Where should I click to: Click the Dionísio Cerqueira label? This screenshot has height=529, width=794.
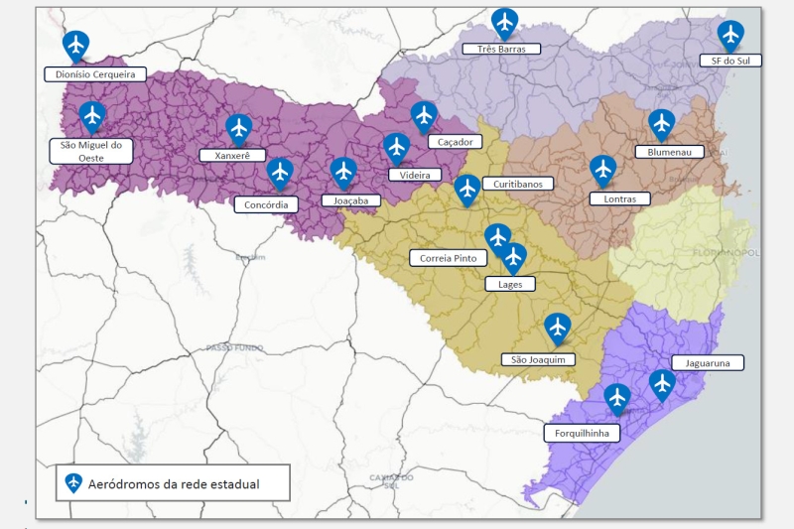(95, 74)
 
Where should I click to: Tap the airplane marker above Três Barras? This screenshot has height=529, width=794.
(505, 22)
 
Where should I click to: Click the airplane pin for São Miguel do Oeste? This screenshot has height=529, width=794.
(92, 117)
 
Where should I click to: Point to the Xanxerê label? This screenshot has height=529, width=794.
(232, 155)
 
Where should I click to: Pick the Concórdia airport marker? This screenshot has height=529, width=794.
(280, 173)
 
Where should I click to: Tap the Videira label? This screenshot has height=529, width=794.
(415, 175)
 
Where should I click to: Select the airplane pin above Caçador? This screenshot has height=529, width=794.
(424, 116)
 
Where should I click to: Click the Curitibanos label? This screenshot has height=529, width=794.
(517, 184)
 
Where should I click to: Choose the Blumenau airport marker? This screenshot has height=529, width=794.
(662, 123)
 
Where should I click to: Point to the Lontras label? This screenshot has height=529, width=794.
(619, 198)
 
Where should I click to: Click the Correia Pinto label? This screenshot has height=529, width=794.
(448, 258)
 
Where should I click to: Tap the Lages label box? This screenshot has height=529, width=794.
(509, 284)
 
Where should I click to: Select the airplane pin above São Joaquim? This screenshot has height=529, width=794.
(558, 327)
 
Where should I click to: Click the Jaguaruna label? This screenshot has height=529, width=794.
(708, 363)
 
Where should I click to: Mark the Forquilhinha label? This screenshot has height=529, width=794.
(582, 433)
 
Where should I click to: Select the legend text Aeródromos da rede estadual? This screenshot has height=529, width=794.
(174, 484)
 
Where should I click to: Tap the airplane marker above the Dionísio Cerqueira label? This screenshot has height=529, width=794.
(75, 45)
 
